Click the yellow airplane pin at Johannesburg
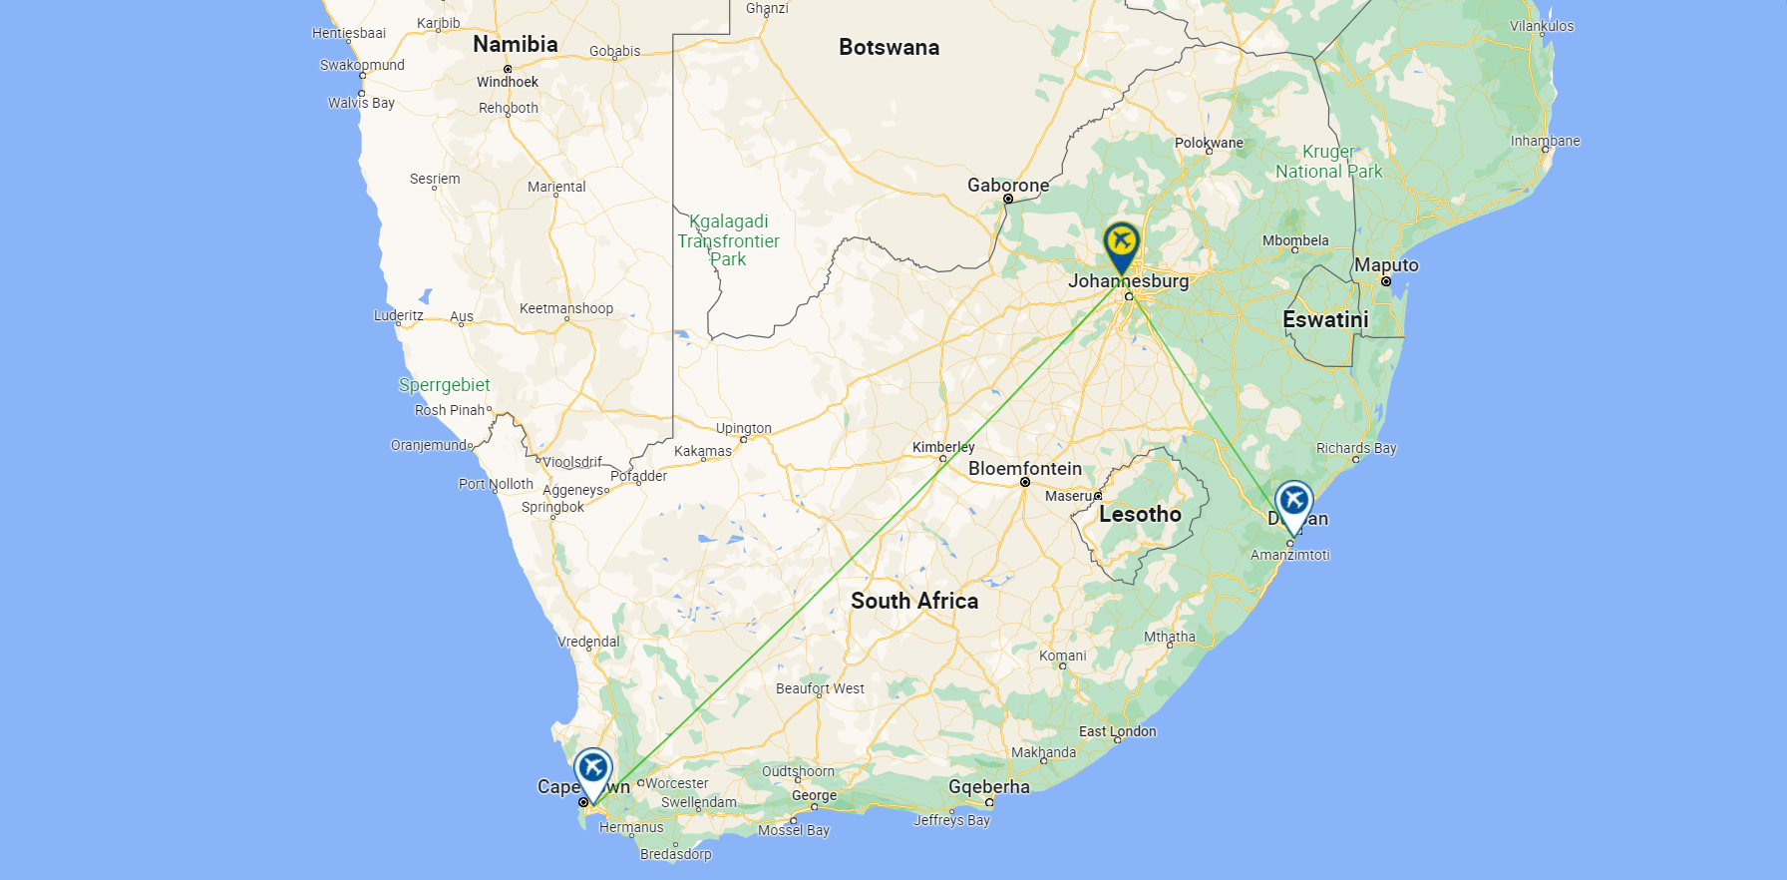1121,243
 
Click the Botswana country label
889,48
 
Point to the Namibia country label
515,44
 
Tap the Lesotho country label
1140,515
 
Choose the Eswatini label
1325,320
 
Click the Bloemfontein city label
1024,469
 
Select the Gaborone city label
1007,186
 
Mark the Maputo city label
1385,265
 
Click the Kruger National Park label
1328,162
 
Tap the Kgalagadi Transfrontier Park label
728,240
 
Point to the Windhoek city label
507,82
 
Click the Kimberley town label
943,447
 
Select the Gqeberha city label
988,787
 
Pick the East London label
1117,731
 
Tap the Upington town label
743,428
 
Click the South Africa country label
914,601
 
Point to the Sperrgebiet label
444,385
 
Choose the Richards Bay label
1356,448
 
